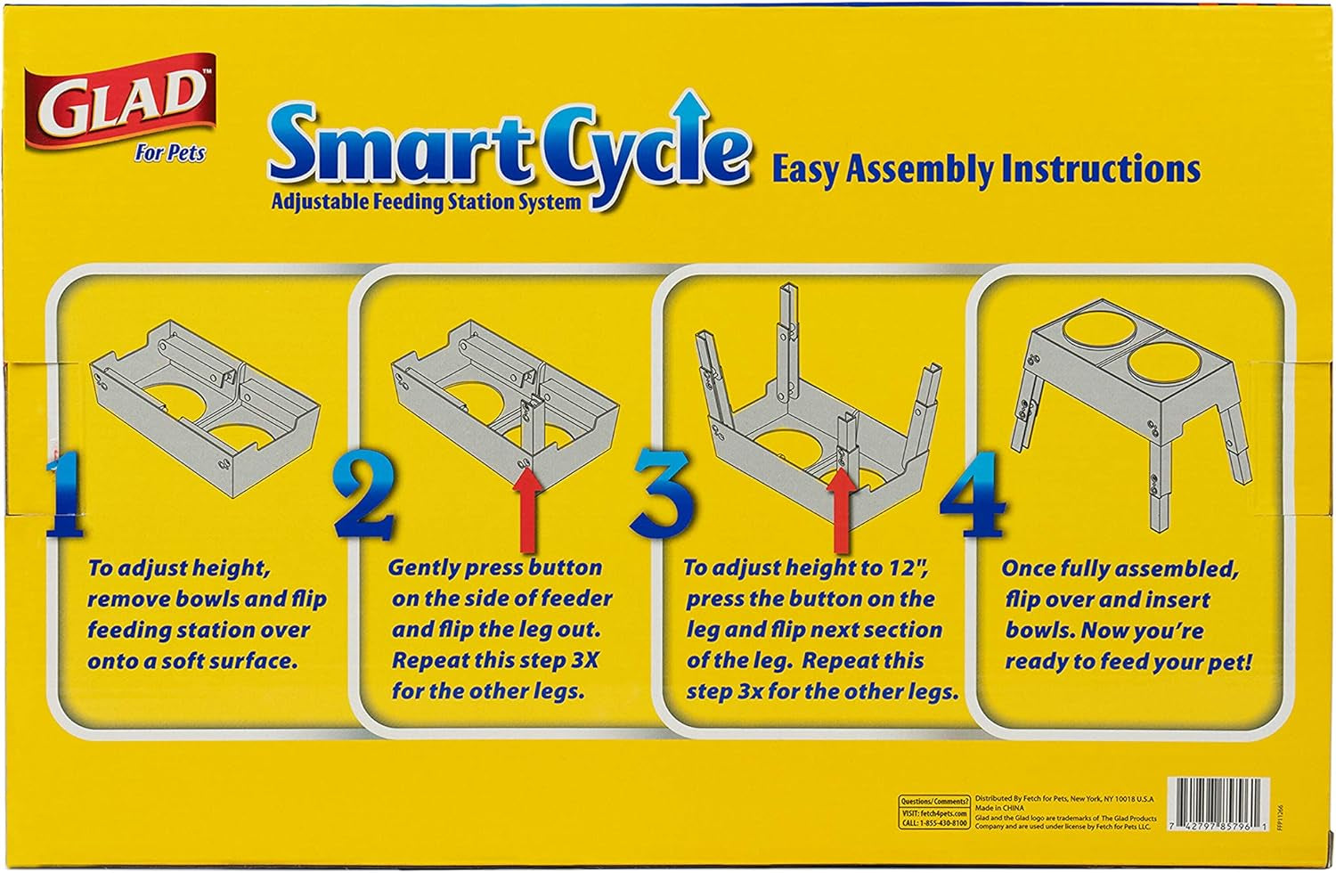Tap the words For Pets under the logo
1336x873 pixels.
[169, 153]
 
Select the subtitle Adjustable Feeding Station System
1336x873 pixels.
[426, 202]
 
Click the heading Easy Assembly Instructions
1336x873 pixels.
[985, 169]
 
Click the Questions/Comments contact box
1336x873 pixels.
[933, 812]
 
